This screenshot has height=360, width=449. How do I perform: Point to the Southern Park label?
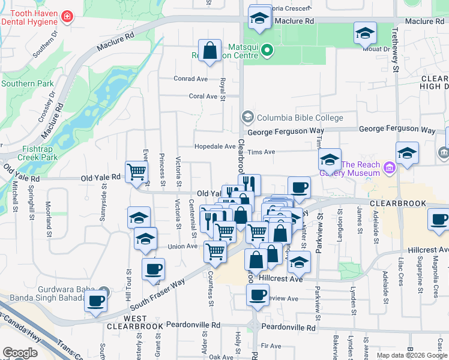tap(27, 83)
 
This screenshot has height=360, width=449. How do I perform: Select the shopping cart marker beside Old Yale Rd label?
tap(137, 172)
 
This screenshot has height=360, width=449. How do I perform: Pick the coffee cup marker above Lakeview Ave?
tap(258, 296)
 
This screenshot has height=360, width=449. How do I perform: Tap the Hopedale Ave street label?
tap(215, 146)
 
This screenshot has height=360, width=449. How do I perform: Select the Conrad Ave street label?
tap(190, 79)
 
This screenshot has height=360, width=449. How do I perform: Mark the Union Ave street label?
tap(182, 246)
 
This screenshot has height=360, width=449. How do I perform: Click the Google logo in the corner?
tap(20, 353)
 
